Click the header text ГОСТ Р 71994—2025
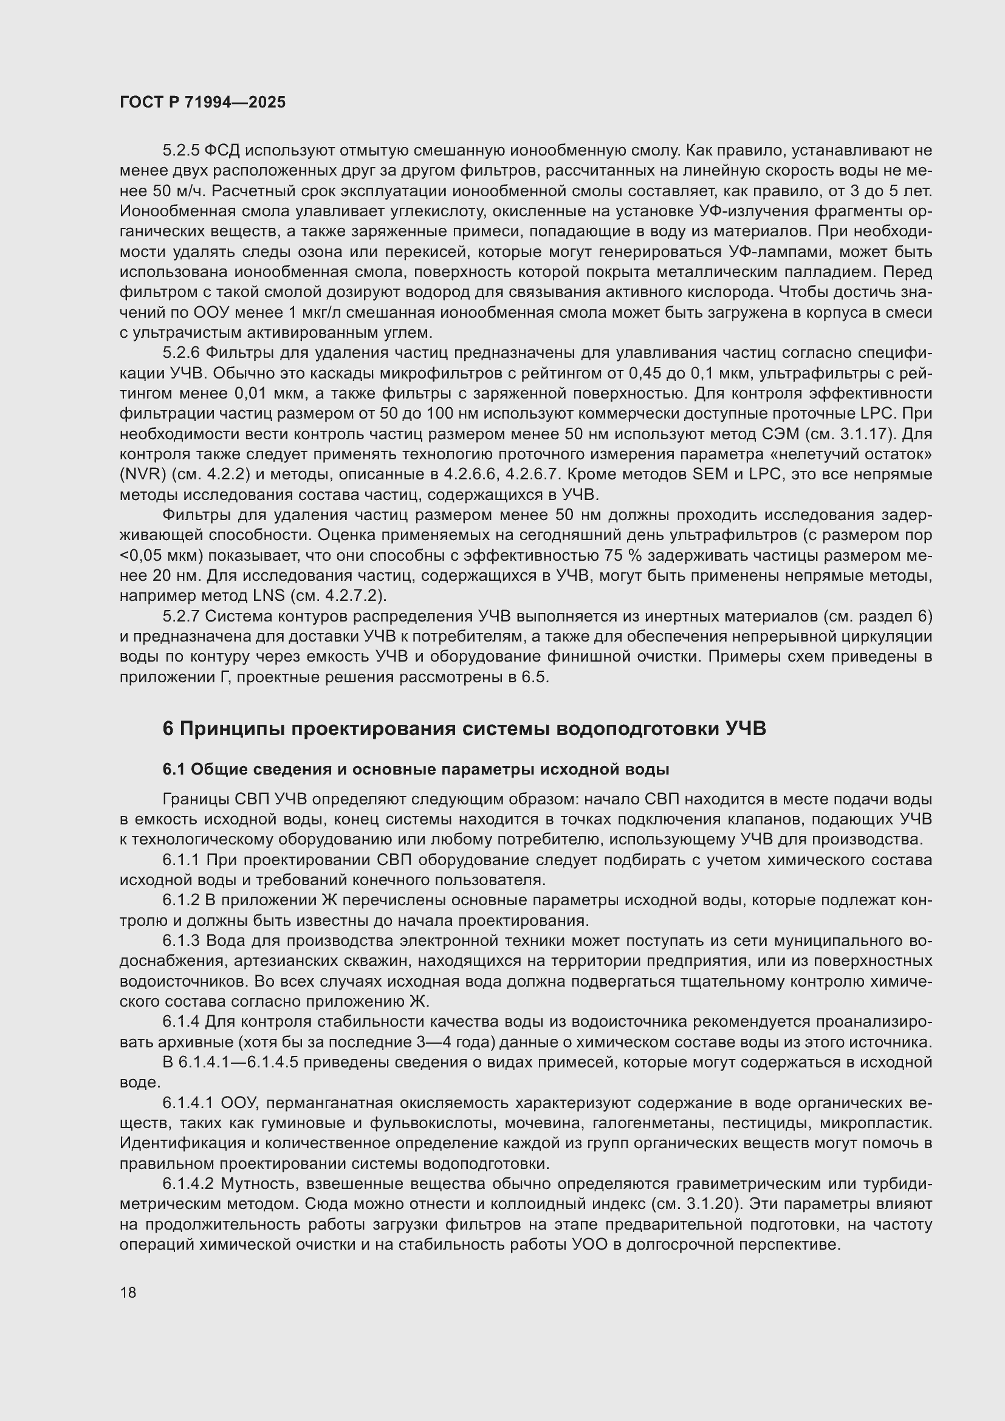202,103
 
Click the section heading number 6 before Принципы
168,729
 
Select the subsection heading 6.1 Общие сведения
415,769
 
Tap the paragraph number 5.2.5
180,151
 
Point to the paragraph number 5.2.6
180,353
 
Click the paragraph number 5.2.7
180,617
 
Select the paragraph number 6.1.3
180,940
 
